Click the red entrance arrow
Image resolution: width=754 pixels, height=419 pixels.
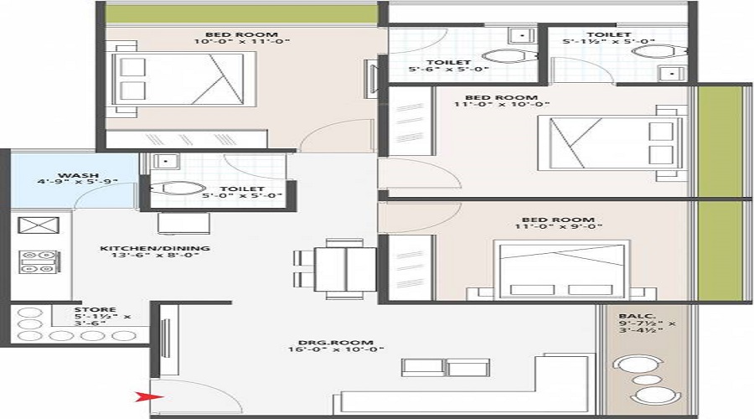(149, 397)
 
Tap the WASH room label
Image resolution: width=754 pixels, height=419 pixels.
(79, 175)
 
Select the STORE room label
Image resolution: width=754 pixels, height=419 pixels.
(96, 309)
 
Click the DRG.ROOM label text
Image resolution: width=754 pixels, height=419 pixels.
(336, 343)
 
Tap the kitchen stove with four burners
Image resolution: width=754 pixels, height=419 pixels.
(39, 261)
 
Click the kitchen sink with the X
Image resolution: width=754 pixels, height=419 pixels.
(39, 225)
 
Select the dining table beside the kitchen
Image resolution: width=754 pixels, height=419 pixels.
(345, 269)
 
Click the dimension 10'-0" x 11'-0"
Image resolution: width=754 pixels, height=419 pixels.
(242, 41)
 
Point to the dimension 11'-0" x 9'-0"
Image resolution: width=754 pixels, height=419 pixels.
(558, 226)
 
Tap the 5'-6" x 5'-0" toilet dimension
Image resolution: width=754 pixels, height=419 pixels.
(449, 70)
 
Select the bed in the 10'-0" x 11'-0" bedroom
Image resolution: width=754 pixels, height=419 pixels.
(183, 79)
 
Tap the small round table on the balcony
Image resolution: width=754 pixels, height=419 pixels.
(647, 380)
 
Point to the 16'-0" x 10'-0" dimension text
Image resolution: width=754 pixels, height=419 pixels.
(336, 349)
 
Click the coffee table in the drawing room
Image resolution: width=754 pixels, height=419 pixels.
(446, 368)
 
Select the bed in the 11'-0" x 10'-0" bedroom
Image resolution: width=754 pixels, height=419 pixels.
(611, 142)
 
